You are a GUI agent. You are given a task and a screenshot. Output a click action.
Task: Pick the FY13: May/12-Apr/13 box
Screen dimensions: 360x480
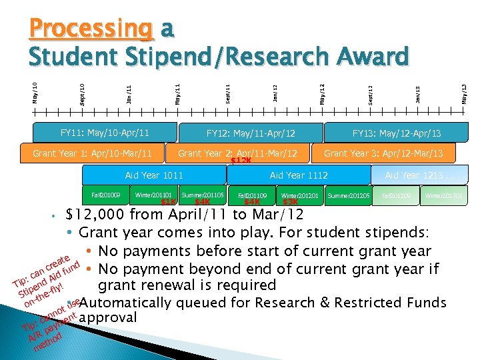click(397, 133)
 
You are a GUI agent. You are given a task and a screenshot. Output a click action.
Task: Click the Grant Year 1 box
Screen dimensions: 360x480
click(93, 153)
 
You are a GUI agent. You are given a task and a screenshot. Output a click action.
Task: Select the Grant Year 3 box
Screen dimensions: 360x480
click(383, 153)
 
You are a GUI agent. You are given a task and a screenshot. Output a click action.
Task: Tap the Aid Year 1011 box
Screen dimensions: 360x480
click(154, 175)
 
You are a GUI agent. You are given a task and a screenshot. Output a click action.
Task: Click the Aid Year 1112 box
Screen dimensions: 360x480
click(299, 175)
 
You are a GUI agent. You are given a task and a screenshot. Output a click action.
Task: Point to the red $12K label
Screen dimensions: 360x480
click(241, 161)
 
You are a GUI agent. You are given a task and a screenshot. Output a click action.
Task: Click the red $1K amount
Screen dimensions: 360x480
click(169, 202)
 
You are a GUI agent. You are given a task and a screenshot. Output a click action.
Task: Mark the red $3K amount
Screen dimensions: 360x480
click(291, 202)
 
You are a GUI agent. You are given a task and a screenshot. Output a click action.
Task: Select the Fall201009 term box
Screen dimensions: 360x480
click(106, 195)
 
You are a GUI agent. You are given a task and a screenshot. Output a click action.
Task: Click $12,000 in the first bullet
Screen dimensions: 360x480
click(95, 215)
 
